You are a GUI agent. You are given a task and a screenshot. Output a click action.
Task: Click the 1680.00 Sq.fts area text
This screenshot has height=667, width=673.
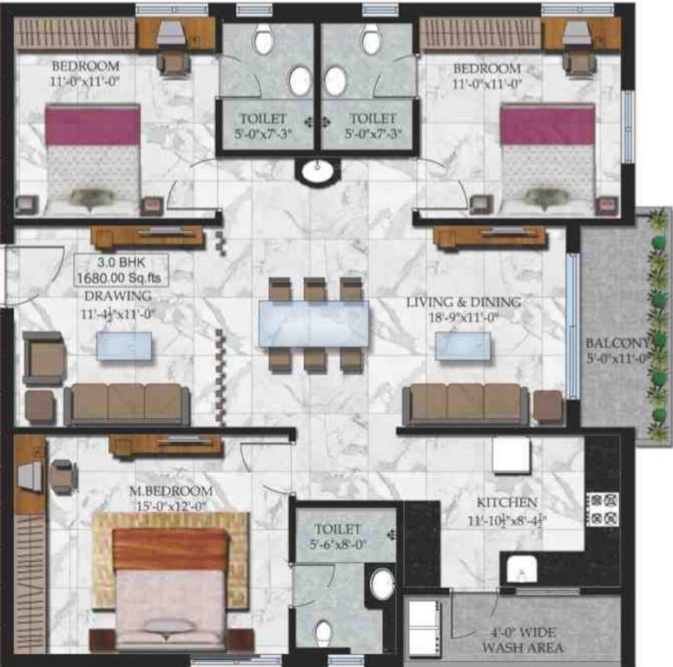tap(121, 278)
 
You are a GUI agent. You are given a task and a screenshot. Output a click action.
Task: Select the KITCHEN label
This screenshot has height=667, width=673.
tap(506, 503)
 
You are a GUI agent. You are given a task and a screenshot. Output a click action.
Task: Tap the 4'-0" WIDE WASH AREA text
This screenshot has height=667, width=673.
tap(523, 640)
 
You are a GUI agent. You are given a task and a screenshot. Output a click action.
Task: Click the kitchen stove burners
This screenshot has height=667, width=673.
tap(603, 509)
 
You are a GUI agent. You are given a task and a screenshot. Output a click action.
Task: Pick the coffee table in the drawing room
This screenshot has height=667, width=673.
tap(122, 346)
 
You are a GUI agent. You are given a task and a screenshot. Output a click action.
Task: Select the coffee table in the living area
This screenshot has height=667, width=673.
tap(463, 346)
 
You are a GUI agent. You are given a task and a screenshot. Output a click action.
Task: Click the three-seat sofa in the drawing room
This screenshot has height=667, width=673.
tap(127, 404)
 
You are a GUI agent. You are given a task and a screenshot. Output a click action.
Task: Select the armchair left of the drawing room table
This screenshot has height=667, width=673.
tap(43, 357)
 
